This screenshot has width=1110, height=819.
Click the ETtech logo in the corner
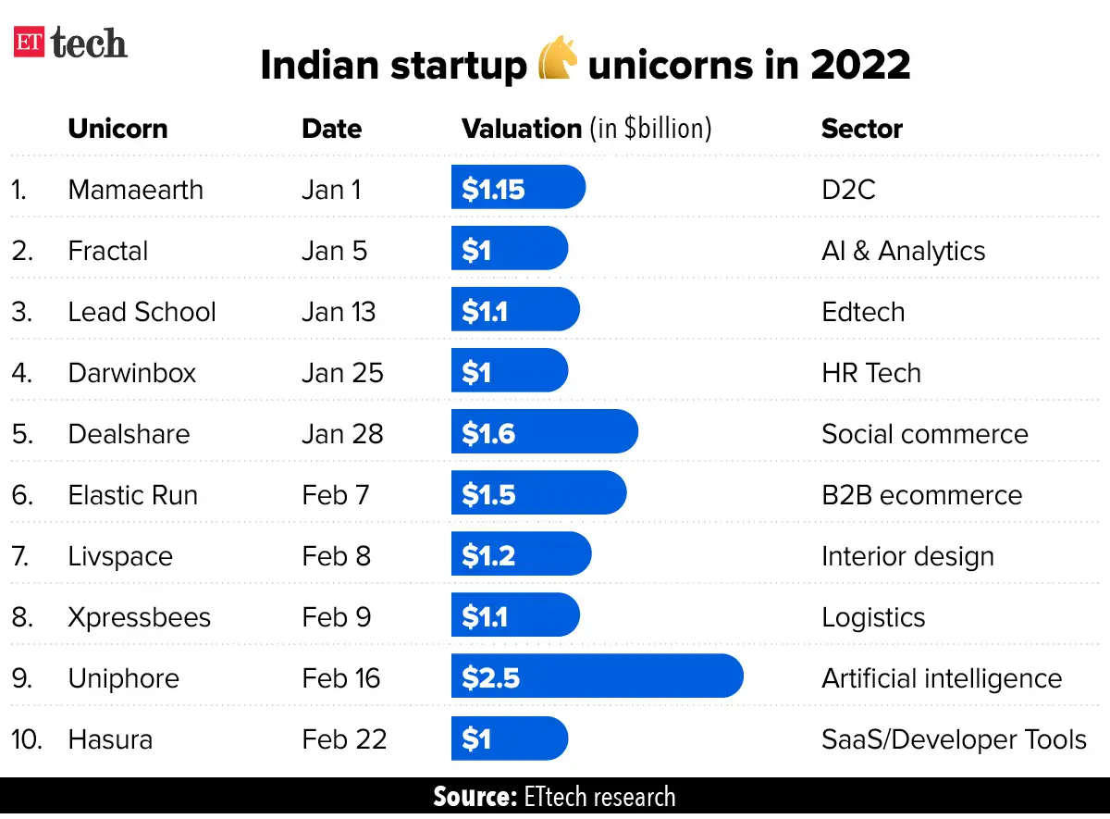(70, 43)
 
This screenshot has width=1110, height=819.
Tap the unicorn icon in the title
(558, 66)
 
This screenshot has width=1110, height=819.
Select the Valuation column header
(586, 129)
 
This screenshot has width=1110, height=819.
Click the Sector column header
(861, 129)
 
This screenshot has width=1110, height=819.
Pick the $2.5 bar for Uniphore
(597, 677)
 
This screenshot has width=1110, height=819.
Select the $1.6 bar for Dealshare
(544, 433)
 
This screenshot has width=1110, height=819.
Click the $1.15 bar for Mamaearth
(518, 189)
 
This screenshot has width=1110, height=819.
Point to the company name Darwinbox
(132, 373)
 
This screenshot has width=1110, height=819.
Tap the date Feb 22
(344, 739)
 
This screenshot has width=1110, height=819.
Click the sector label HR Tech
(870, 373)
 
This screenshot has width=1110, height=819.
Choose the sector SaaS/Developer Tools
(954, 739)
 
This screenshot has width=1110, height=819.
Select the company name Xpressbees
(140, 617)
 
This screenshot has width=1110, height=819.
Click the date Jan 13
(339, 312)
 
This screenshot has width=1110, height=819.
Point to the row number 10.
(27, 739)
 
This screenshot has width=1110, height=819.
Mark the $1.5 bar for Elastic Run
(538, 494)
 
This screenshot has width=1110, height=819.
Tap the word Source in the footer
(474, 798)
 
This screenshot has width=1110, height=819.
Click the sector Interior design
(907, 556)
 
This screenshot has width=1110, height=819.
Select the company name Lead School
(142, 312)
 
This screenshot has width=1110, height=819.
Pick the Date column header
(331, 129)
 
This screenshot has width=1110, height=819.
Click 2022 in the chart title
(860, 66)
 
